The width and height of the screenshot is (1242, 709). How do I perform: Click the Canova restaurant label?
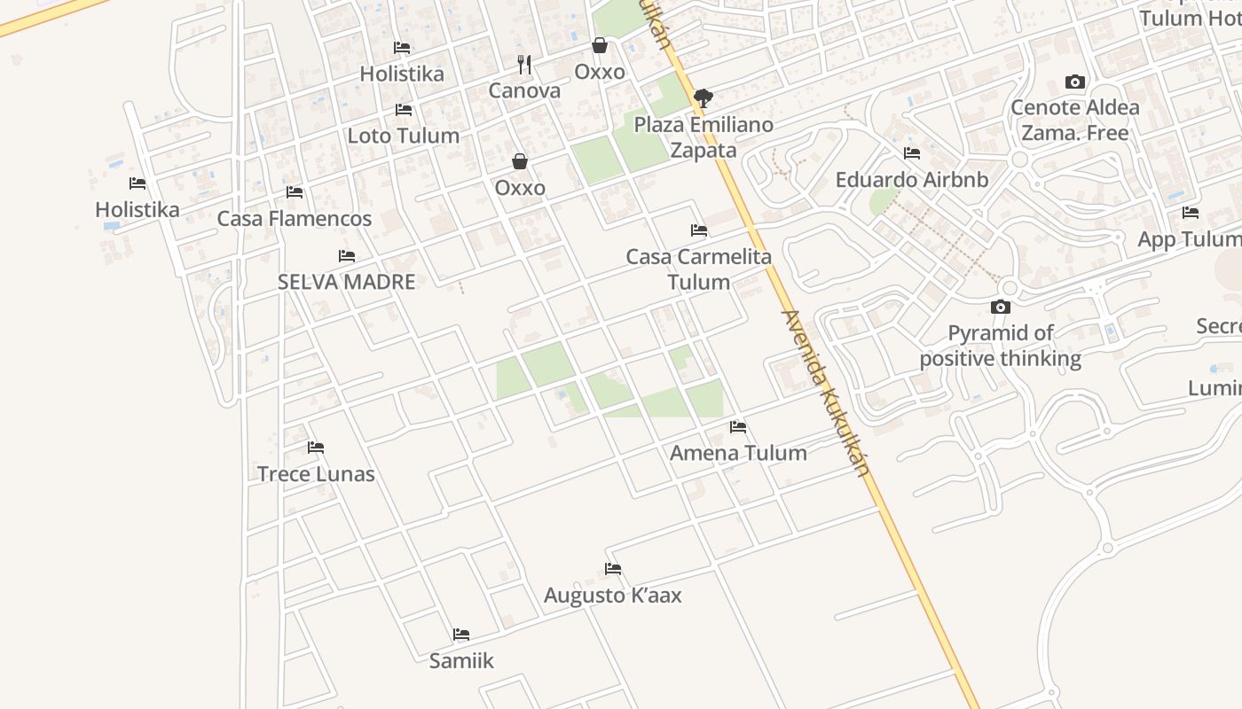(524, 90)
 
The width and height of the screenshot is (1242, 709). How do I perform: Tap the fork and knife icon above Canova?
(524, 64)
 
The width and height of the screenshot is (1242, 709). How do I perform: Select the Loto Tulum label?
(403, 136)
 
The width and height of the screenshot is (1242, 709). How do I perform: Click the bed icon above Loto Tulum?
(404, 110)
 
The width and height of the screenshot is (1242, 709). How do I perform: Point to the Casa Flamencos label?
(295, 218)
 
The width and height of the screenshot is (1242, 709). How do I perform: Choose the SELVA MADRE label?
(346, 282)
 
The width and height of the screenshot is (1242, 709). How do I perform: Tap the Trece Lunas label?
(316, 474)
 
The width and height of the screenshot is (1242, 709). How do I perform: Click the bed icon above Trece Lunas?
(316, 448)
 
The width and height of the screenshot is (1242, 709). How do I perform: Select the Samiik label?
(461, 660)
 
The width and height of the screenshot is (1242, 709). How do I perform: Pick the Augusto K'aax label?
(612, 595)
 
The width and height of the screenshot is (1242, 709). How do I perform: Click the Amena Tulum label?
(738, 453)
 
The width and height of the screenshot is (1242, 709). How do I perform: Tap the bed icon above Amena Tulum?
(738, 427)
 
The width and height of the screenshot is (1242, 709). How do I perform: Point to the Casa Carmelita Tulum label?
(699, 269)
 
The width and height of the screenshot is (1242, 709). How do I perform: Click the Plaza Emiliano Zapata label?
(704, 137)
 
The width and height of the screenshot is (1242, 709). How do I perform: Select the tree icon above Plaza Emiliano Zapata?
(704, 97)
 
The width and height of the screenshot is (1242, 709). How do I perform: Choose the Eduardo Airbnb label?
(911, 180)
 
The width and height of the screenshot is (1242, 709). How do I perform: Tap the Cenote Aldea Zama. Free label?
(1075, 121)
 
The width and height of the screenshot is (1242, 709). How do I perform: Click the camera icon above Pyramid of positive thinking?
(1001, 307)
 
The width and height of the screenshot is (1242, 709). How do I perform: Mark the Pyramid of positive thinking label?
(1001, 346)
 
